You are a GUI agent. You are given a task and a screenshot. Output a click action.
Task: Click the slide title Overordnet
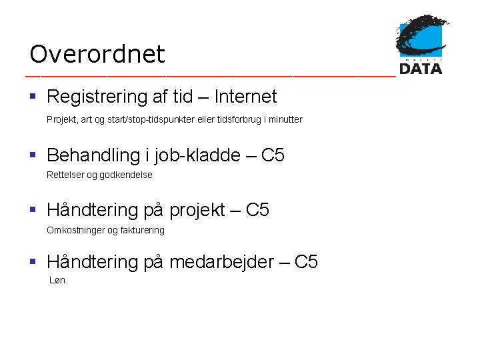[x=97, y=54]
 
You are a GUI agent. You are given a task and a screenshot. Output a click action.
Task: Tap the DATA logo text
[x=421, y=68]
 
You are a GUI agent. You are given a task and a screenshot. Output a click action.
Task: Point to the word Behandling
[x=93, y=156]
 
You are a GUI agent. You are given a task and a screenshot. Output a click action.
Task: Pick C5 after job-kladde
[x=273, y=156]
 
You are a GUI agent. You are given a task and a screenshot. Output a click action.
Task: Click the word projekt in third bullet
[x=195, y=211]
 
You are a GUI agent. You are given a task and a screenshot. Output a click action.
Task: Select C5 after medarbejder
[x=306, y=262]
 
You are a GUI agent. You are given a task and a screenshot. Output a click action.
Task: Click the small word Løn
[x=59, y=281]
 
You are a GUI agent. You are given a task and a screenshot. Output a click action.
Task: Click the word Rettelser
[x=65, y=175]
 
